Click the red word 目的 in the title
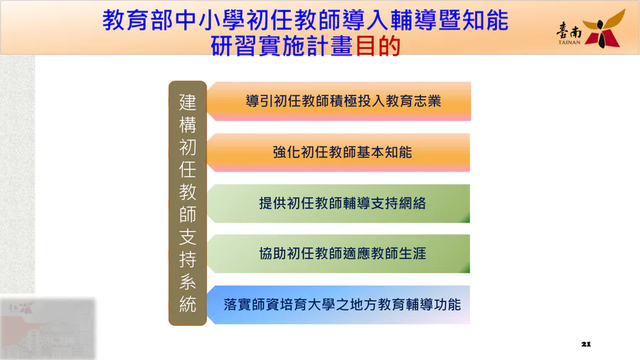(378, 46)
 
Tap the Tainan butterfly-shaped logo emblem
(604, 28)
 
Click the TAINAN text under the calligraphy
(569, 42)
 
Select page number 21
(586, 344)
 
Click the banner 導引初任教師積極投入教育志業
(338, 101)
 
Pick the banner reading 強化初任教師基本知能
(338, 152)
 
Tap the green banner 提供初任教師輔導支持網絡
(338, 203)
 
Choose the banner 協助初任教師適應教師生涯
(338, 253)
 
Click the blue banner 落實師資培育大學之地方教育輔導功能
(338, 305)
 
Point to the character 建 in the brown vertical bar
(188, 102)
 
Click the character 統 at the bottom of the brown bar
(188, 304)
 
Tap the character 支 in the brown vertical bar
(188, 237)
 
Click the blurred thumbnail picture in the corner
(48, 329)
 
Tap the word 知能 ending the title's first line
(485, 21)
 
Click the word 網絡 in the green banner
(412, 203)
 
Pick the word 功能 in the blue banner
(447, 305)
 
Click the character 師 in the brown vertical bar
(188, 214)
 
